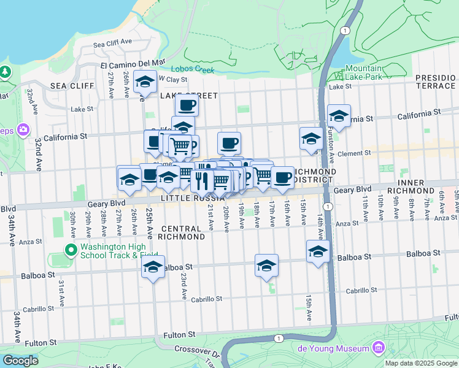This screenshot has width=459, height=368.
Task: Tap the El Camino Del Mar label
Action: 133,63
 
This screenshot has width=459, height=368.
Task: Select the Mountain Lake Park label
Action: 363,72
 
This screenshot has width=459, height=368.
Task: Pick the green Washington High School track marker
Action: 71,250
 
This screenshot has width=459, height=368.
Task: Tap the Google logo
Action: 20,360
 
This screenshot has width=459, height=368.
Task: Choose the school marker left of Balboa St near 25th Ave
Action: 153,266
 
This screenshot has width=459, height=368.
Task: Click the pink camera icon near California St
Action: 23,129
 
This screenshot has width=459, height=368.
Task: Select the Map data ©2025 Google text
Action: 421,363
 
